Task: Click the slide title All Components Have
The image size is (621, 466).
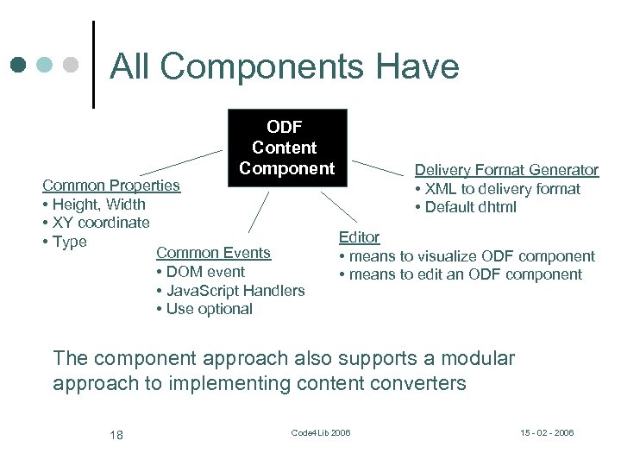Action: pyautogui.click(x=285, y=66)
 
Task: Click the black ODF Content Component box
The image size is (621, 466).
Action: pyautogui.click(x=286, y=148)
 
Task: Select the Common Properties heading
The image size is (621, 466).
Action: pyautogui.click(x=111, y=185)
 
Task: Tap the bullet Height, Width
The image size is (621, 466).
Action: pyautogui.click(x=94, y=205)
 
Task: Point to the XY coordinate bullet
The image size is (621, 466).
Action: pyautogui.click(x=96, y=223)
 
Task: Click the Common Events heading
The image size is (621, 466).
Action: pyautogui.click(x=213, y=253)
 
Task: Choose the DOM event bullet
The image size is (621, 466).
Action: pyautogui.click(x=201, y=272)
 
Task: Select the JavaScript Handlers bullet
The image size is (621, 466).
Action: pyautogui.click(x=230, y=291)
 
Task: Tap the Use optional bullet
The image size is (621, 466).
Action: pyautogui.click(x=204, y=309)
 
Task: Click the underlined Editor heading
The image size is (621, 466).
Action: pyautogui.click(x=359, y=237)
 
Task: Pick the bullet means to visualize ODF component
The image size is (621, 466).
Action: pyautogui.click(x=467, y=256)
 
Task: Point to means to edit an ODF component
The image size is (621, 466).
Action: pyautogui.click(x=461, y=274)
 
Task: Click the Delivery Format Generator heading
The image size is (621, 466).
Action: pyautogui.click(x=506, y=170)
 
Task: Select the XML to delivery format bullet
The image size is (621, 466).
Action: pyautogui.click(x=498, y=189)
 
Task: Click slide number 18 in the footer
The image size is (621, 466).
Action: pyautogui.click(x=116, y=434)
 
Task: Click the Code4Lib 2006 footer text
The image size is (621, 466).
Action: pyautogui.click(x=321, y=432)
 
